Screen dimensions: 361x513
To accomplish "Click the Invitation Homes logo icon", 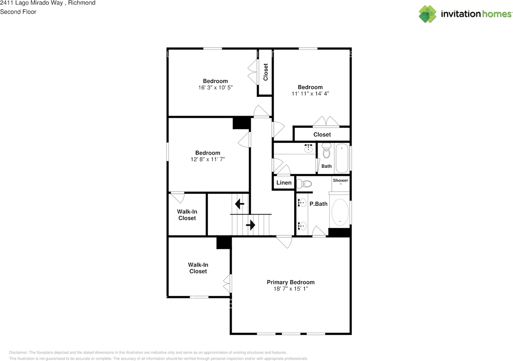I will (428, 14).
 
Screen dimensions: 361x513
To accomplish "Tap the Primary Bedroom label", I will (291, 282).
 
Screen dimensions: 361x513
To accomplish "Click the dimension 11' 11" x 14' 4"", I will (310, 93).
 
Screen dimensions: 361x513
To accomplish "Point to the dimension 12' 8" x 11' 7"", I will (208, 159).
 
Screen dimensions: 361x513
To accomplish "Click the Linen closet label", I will (284, 183).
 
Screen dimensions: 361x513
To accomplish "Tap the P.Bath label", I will (318, 204).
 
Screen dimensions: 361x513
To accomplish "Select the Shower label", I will (340, 180).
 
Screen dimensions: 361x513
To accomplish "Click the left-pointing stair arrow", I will (240, 205).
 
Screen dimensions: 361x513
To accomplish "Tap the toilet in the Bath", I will (326, 152).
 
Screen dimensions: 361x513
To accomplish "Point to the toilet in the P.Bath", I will (306, 184).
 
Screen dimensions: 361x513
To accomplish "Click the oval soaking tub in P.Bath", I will (340, 212).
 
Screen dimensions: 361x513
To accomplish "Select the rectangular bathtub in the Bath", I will (342, 158).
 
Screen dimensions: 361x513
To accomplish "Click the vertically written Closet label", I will (265, 72).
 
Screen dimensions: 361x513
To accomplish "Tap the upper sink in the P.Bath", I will (303, 203).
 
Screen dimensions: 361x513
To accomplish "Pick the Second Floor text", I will (18, 12).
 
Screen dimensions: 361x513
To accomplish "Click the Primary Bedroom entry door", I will (284, 241).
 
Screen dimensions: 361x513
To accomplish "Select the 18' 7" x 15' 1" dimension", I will (291, 289).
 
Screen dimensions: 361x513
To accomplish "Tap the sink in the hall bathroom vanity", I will (308, 149).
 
